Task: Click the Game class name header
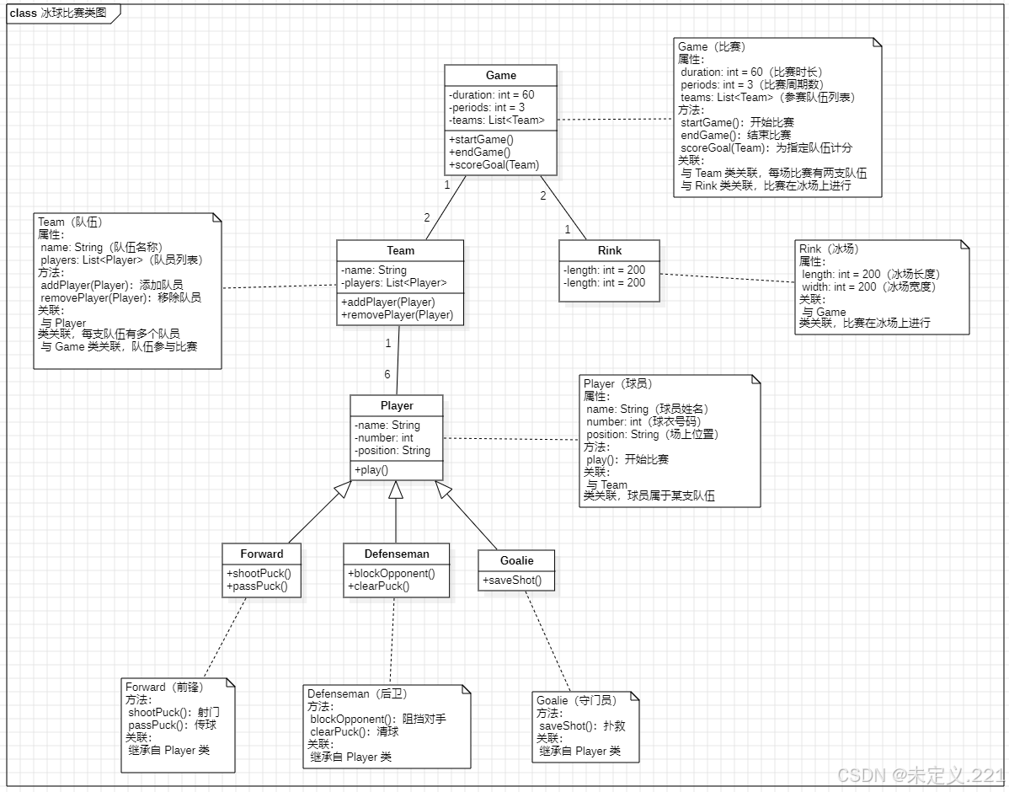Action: click(x=500, y=75)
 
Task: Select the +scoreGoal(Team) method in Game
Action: click(x=494, y=165)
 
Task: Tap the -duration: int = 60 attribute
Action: click(x=492, y=95)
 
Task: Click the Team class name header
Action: click(x=400, y=250)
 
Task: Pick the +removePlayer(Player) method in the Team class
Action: click(x=397, y=315)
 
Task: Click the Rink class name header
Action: click(x=609, y=250)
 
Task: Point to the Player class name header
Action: click(x=397, y=405)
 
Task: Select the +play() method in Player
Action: click(x=371, y=469)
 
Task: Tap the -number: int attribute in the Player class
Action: click(x=384, y=438)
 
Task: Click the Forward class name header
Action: click(x=261, y=554)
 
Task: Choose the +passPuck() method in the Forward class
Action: click(x=257, y=586)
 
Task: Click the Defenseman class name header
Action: click(x=397, y=554)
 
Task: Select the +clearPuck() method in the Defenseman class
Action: click(x=378, y=586)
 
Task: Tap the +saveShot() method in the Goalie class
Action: click(x=512, y=581)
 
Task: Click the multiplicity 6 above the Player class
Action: click(x=387, y=375)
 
